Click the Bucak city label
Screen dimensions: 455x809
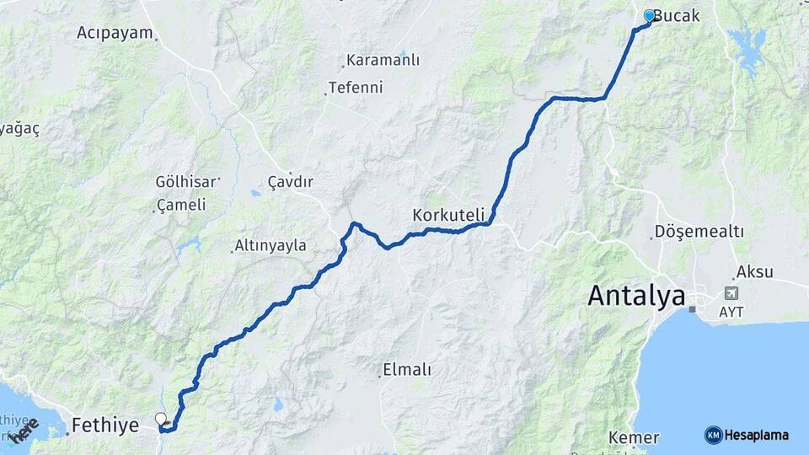point(678,16)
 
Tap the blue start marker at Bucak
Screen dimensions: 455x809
point(649,15)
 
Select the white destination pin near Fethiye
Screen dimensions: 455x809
point(161,418)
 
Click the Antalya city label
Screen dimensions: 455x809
point(636,296)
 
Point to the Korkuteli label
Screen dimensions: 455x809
point(446,216)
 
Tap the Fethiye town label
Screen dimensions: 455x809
point(105,426)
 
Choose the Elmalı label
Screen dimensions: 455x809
point(407,369)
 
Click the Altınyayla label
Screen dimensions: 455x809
point(271,246)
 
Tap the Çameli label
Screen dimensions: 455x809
point(181,206)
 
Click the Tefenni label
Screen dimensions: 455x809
point(356,87)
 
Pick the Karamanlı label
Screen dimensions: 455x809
point(383,61)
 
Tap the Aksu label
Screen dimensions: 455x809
point(754,271)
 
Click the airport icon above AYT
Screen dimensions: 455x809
point(730,293)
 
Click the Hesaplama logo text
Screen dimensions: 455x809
point(756,435)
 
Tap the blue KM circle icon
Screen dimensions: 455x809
point(713,435)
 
